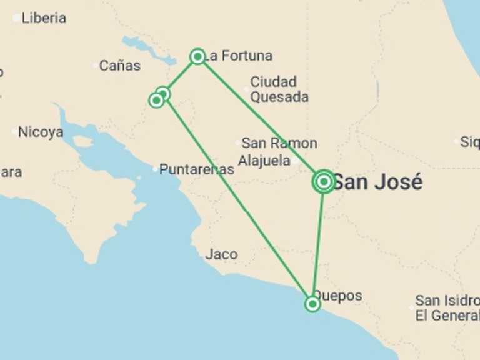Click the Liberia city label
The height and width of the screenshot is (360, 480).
tap(43, 18)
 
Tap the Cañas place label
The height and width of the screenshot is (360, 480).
tap(119, 66)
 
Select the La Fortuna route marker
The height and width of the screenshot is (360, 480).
tap(197, 57)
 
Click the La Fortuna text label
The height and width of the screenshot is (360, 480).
tap(240, 56)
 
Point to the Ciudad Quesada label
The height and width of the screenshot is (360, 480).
tap(279, 89)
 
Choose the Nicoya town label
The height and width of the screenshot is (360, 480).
tap(41, 132)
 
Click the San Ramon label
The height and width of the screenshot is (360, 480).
tap(279, 143)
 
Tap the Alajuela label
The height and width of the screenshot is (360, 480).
tap(264, 160)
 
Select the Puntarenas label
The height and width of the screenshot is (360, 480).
tap(196, 169)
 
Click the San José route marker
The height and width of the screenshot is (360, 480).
tap(324, 182)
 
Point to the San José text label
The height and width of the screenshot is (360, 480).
tap(377, 182)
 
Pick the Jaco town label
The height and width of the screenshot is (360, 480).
tap(221, 254)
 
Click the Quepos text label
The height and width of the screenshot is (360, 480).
tap(337, 296)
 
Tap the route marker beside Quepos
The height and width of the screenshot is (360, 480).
tap(312, 304)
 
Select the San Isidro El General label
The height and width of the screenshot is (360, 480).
tap(446, 308)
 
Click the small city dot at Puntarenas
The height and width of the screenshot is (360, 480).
tap(155, 169)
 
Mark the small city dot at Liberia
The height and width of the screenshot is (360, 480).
tap(16, 18)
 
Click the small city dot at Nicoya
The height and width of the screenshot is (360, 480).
tap(14, 132)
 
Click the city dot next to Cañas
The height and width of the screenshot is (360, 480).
tap(95, 65)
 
